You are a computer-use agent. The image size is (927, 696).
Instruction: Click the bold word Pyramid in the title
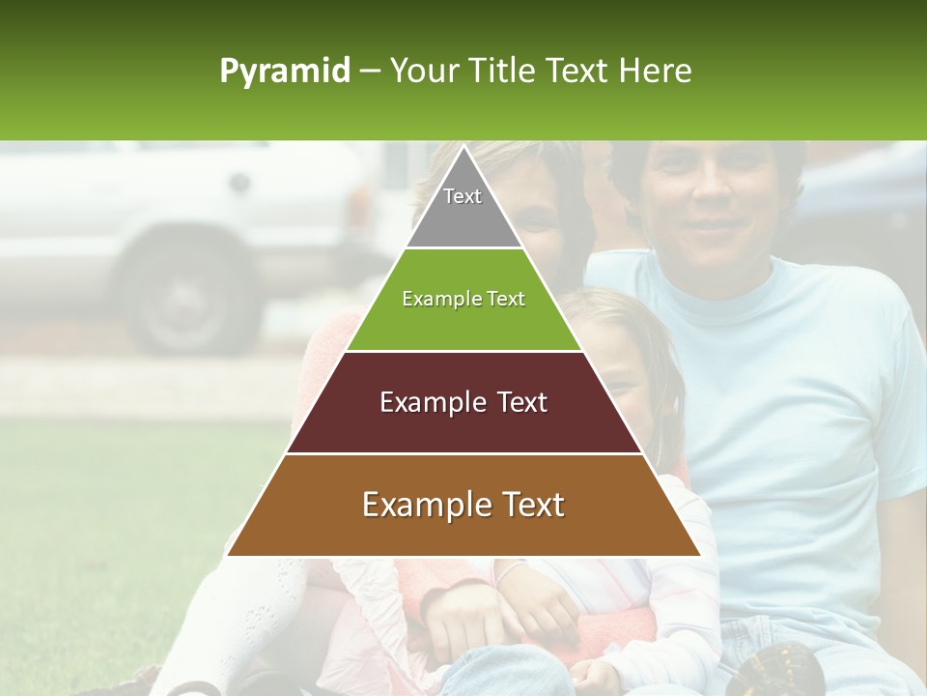[x=285, y=72]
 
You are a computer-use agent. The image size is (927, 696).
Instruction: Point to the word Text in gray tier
[x=463, y=196]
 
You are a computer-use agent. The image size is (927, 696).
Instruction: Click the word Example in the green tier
[x=432, y=299]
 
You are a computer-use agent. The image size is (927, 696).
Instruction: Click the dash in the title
[x=370, y=72]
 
